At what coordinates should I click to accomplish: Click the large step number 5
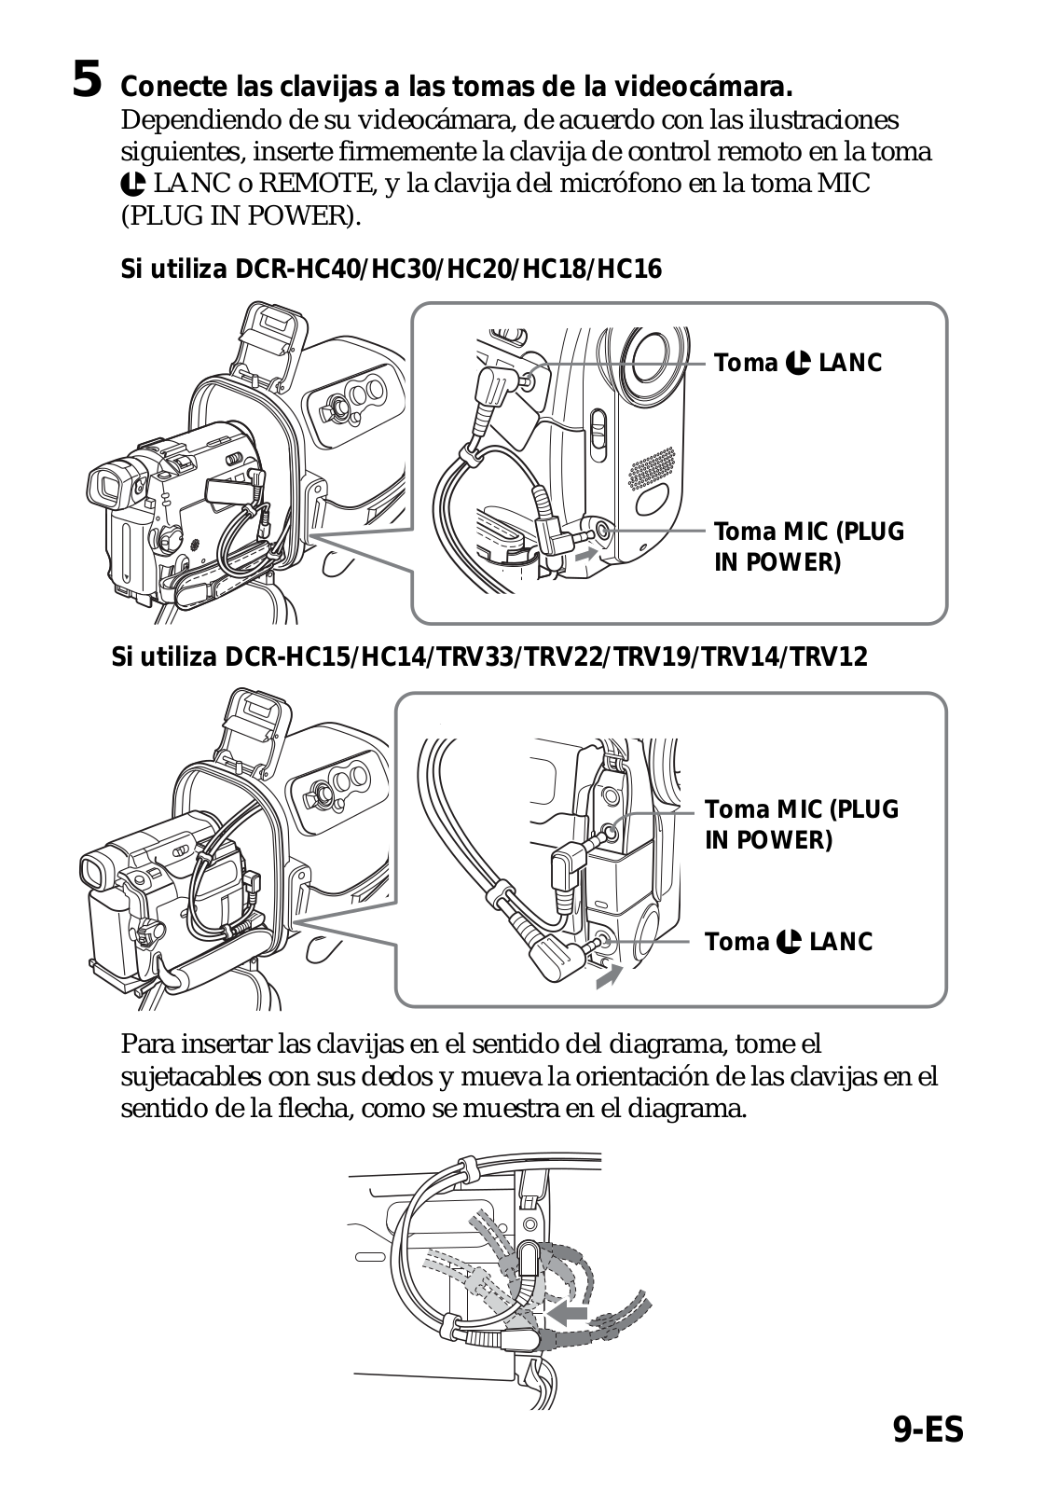(87, 78)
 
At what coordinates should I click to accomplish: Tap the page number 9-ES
(928, 1429)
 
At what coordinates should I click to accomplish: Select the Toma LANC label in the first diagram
(797, 363)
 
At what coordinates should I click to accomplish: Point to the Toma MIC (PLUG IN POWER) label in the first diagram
(807, 546)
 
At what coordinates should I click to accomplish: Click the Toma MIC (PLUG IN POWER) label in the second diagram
(801, 823)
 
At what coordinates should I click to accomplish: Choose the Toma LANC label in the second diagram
(789, 942)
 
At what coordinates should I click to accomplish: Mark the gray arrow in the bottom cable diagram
(568, 1313)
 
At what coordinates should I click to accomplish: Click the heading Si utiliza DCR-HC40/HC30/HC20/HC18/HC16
(391, 269)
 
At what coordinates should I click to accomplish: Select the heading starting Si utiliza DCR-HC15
(489, 657)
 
